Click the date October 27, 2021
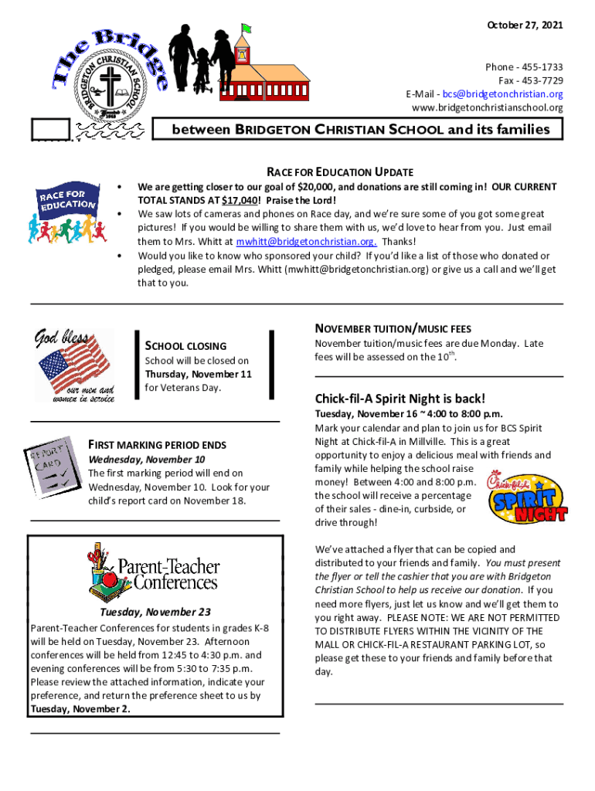point(525,26)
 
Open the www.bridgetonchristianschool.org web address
point(488,107)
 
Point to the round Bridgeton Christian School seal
point(113,90)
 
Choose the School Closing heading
point(185,346)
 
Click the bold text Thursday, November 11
point(199,374)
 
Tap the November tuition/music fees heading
point(393,329)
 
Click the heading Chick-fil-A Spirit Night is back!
point(399,399)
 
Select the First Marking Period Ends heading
point(157,445)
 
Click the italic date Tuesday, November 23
point(155,613)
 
